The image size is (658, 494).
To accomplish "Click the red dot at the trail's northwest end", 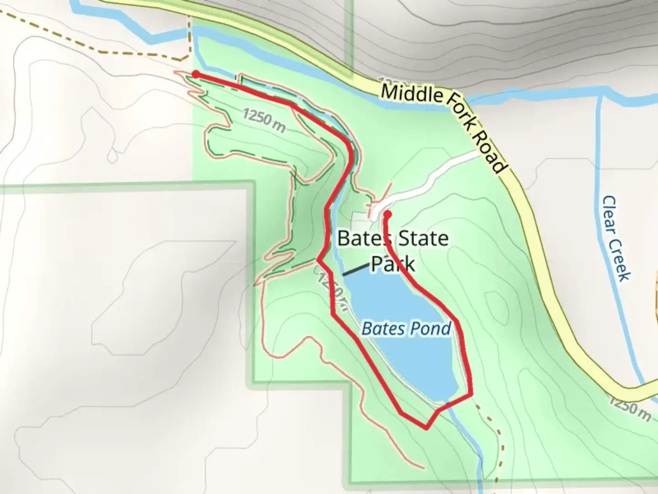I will pyautogui.click(x=196, y=75).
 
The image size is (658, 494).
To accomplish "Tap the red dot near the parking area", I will pyautogui.click(x=387, y=214).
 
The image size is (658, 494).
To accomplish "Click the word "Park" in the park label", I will pyautogui.click(x=393, y=264).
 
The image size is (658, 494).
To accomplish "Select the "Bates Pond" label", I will pyautogui.click(x=406, y=328).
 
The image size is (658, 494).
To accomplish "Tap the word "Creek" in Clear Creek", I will pyautogui.click(x=621, y=260).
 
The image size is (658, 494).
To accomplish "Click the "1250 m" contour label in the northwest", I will pyautogui.click(x=265, y=120).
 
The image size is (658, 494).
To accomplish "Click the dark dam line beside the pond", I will pyautogui.click(x=356, y=270).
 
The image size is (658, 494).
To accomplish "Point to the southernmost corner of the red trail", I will pyautogui.click(x=426, y=429).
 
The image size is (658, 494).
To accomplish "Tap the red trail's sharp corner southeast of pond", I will pyautogui.click(x=471, y=392).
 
